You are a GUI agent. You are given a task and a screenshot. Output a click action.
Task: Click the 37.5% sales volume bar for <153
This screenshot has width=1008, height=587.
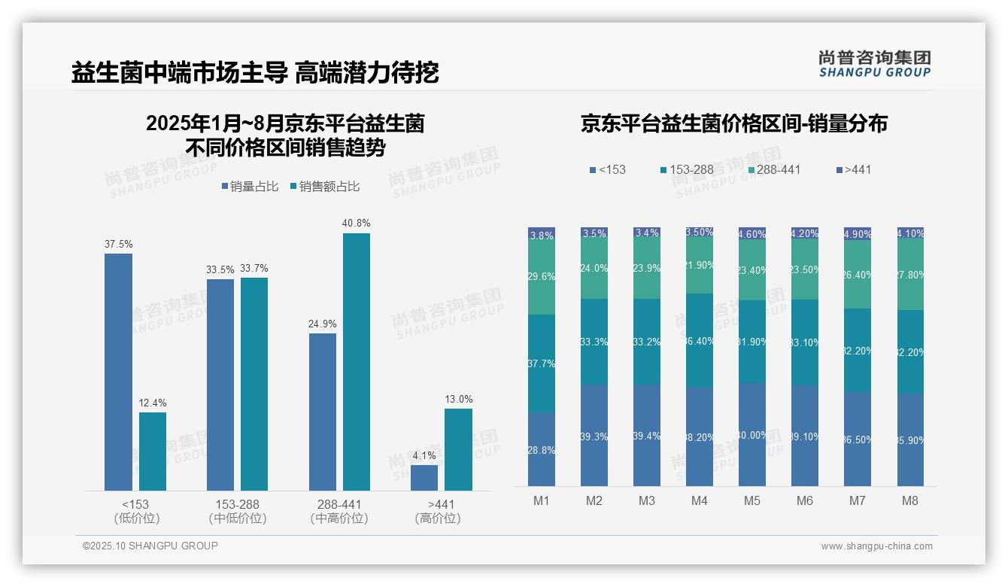(x=118, y=372)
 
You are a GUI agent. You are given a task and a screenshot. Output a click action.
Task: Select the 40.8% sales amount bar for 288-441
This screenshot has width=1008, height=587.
(x=357, y=361)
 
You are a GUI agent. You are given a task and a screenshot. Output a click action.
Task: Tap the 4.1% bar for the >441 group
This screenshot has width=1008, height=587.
(x=424, y=478)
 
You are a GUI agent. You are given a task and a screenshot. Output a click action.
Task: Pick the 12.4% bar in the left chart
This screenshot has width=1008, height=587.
(x=153, y=452)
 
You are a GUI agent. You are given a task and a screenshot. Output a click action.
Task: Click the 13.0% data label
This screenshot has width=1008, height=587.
(x=458, y=400)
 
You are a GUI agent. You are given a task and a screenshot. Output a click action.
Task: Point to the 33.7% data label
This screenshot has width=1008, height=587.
(x=254, y=269)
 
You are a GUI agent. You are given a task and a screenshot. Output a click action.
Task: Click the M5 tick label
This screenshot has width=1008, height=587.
(x=752, y=501)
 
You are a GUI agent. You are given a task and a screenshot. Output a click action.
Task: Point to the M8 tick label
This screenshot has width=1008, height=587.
(x=910, y=501)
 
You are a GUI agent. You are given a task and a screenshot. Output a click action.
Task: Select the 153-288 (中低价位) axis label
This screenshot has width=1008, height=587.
(x=237, y=511)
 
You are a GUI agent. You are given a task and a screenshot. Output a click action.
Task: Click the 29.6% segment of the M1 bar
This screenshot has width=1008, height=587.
(x=542, y=276)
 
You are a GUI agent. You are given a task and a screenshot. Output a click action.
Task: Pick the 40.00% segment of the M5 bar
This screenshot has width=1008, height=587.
(x=752, y=435)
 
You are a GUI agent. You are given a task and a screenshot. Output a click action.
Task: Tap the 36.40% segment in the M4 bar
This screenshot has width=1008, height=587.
(x=700, y=340)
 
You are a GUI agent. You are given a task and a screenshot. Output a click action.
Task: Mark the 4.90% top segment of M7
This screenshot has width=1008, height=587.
(x=858, y=233)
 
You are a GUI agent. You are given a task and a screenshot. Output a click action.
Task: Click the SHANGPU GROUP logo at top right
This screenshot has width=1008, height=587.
(x=875, y=64)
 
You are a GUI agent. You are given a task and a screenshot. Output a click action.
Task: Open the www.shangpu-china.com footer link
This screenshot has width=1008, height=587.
(x=876, y=546)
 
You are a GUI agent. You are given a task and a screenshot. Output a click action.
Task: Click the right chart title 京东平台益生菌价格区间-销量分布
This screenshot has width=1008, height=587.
(x=733, y=123)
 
